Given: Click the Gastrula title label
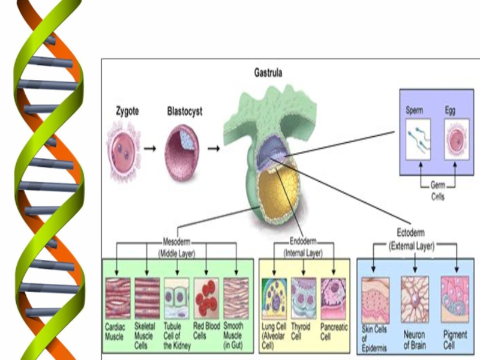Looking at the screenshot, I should click(x=268, y=74).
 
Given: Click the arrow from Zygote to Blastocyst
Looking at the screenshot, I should click(x=152, y=148).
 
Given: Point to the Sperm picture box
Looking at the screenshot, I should click(x=419, y=139).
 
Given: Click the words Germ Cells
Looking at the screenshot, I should click(x=437, y=191).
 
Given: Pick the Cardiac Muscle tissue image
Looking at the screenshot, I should click(x=118, y=298).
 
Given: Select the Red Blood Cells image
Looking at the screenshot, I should click(x=206, y=298).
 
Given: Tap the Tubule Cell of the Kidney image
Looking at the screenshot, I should click(x=176, y=298).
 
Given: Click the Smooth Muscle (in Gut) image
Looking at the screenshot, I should click(x=235, y=298).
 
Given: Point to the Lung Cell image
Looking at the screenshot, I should click(x=274, y=298).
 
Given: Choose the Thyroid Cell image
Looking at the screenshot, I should click(x=304, y=298).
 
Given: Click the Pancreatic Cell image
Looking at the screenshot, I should click(x=333, y=298).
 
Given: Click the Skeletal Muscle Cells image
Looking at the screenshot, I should click(x=147, y=298).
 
